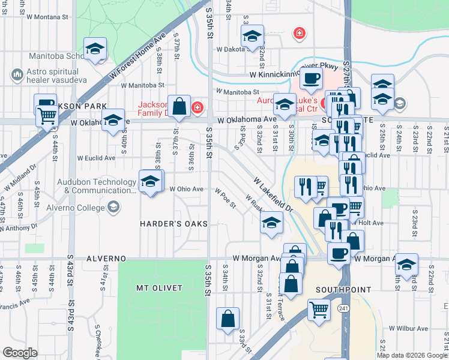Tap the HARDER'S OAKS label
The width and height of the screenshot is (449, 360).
[x=173, y=224]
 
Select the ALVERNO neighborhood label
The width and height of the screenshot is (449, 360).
[x=106, y=259]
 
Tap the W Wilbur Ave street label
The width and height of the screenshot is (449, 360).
[x=408, y=329]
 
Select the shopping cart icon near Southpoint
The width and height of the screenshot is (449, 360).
[x=319, y=310]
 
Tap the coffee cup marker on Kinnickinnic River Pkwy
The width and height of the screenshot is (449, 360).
[x=311, y=78]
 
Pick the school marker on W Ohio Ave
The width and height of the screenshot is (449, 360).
[x=150, y=181]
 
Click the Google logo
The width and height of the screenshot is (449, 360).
[x=20, y=352]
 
